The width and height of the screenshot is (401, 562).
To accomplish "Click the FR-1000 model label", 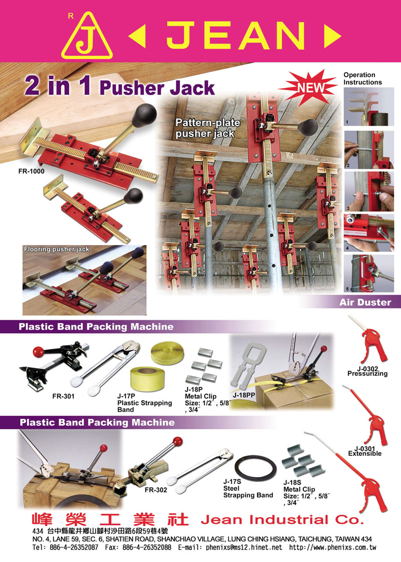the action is pos(32,171).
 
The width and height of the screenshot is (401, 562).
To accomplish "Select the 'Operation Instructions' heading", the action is pos(362,79).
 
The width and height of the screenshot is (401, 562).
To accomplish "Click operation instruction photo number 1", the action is pos(369,107).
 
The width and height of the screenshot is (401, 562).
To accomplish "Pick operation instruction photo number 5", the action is pos(369,273).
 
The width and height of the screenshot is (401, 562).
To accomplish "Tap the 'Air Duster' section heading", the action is pos(365,302).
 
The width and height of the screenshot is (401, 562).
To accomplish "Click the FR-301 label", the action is pos(64,396).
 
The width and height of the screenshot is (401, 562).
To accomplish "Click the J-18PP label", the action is pos(244,395).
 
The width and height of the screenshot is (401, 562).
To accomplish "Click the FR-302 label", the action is pos(156,490).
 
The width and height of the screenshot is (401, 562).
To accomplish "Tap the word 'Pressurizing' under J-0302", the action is pos(367,374).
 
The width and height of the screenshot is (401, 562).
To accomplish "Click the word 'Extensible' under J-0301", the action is pos(365,454).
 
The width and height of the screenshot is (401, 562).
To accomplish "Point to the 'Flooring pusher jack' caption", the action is pos(57,249).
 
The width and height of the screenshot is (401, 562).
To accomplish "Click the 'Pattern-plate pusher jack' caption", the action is pos(208,128).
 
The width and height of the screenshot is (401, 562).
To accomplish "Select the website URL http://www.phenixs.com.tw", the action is pos(332,547).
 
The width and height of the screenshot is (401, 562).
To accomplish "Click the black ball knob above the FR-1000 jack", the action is pos(144,115).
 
